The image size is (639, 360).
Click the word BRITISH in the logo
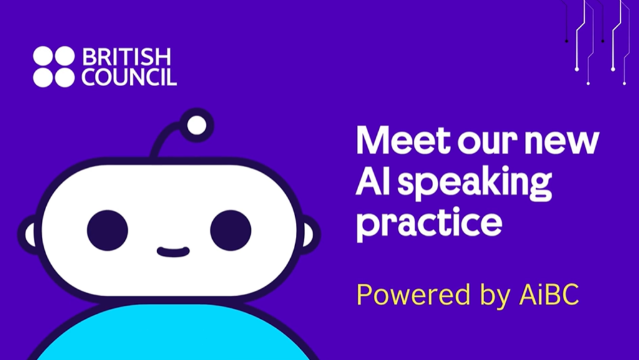point(126,57)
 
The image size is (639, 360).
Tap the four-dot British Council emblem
point(54,67)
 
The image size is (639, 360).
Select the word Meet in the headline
point(394,142)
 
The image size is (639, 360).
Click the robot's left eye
point(107,230)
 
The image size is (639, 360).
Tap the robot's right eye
point(230,230)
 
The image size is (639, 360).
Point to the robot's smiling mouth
point(173,252)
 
